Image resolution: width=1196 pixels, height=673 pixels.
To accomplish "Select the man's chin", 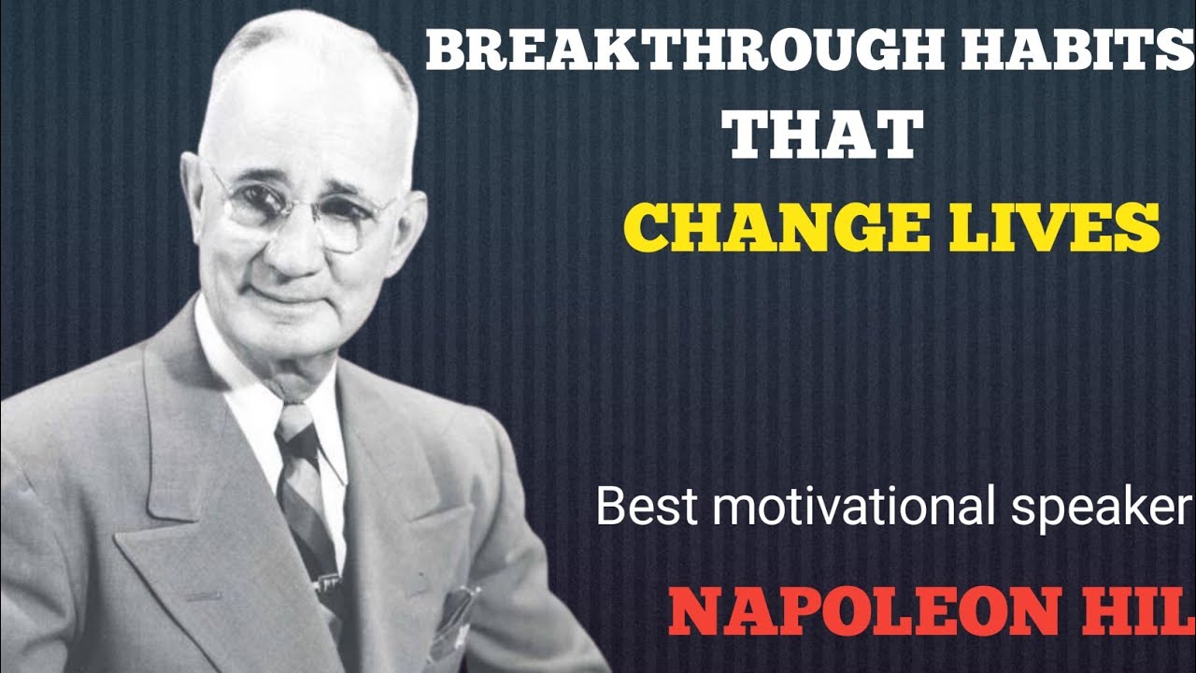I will pos(285,336).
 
